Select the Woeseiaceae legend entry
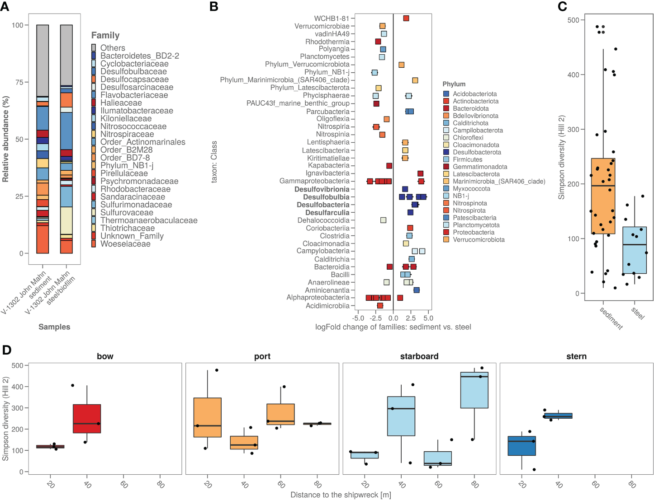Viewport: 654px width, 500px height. (x=125, y=244)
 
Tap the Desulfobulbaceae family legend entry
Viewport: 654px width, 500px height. (x=133, y=71)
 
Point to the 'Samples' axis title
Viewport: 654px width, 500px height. (x=54, y=327)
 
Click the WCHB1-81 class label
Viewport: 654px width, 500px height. (x=332, y=19)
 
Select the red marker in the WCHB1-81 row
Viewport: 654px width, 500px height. (x=406, y=19)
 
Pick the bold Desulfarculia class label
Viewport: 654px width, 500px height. (x=327, y=213)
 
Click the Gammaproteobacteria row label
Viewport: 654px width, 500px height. (x=314, y=181)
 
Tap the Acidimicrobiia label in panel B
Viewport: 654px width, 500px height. (x=327, y=306)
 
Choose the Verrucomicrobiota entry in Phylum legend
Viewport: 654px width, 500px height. (x=479, y=239)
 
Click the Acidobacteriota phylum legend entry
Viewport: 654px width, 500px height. (x=474, y=94)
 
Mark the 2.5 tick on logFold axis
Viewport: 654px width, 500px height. (x=411, y=318)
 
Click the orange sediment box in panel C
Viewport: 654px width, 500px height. (x=603, y=196)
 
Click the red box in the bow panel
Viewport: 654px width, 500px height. (x=87, y=419)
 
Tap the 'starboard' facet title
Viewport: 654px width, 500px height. (x=419, y=356)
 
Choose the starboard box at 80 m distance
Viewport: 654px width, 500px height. (x=474, y=390)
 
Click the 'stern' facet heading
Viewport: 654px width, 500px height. (x=576, y=356)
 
